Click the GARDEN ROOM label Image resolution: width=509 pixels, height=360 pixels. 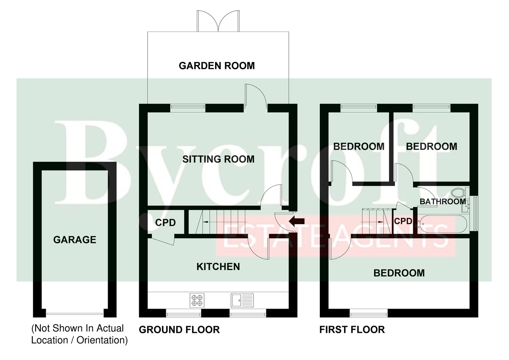pos(217,66)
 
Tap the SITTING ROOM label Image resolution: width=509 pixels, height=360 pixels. pos(218,159)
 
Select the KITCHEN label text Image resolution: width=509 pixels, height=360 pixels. pos(218,267)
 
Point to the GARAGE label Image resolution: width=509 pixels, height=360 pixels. pos(75,240)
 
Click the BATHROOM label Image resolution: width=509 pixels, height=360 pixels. pos(443,202)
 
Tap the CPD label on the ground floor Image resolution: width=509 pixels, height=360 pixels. pos(165,222)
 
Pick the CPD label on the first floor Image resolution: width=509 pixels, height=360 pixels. pos(403,221)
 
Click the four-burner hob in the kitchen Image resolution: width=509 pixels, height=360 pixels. pos(197,301)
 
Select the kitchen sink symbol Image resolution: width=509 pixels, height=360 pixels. pos(242,301)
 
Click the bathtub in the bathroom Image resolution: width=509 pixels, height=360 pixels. pos(443,224)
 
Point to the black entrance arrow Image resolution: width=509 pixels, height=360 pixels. pos(297,221)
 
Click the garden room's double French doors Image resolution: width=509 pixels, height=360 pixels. pos(218,21)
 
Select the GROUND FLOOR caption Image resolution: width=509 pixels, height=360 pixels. pos(179,329)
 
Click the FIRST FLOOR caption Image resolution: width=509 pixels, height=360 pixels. pos(352,329)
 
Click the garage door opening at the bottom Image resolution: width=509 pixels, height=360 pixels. pos(75,314)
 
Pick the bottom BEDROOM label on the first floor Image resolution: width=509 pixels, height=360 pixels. pos(399,273)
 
